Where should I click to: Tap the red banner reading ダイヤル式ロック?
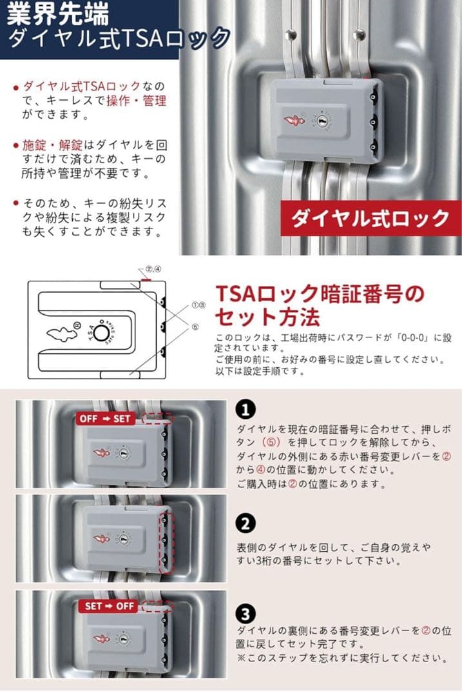(371, 218)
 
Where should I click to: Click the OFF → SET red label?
(104, 418)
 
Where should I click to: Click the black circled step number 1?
(245, 409)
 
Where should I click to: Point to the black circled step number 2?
(245, 523)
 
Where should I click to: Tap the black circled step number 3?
(245, 613)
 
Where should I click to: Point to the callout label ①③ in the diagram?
(198, 305)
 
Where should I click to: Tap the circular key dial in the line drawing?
(100, 332)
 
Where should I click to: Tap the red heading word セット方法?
(266, 317)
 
